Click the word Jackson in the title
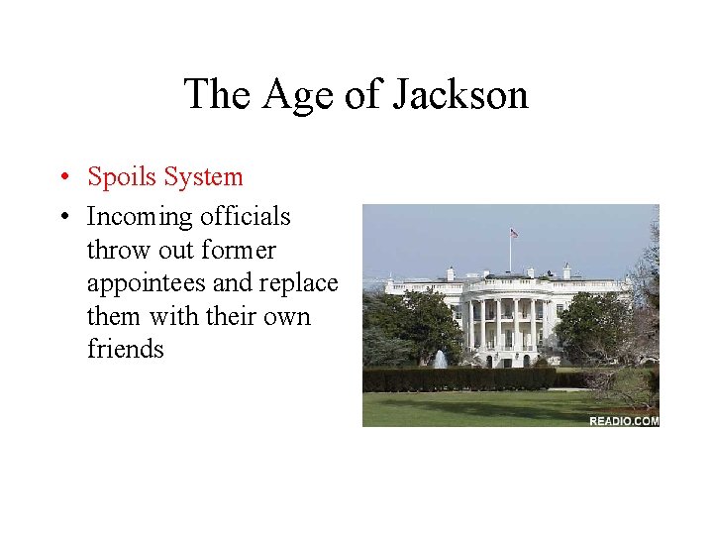tap(460, 95)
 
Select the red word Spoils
tap(122, 177)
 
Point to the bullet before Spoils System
tap(61, 178)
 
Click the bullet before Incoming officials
tap(61, 217)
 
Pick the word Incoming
tap(140, 216)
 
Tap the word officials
tap(245, 216)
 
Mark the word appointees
tap(147, 283)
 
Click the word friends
tap(125, 350)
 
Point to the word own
tap(287, 317)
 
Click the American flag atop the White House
tap(514, 234)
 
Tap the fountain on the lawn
tap(440, 359)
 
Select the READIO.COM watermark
tap(623, 421)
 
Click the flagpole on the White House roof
tap(510, 253)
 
